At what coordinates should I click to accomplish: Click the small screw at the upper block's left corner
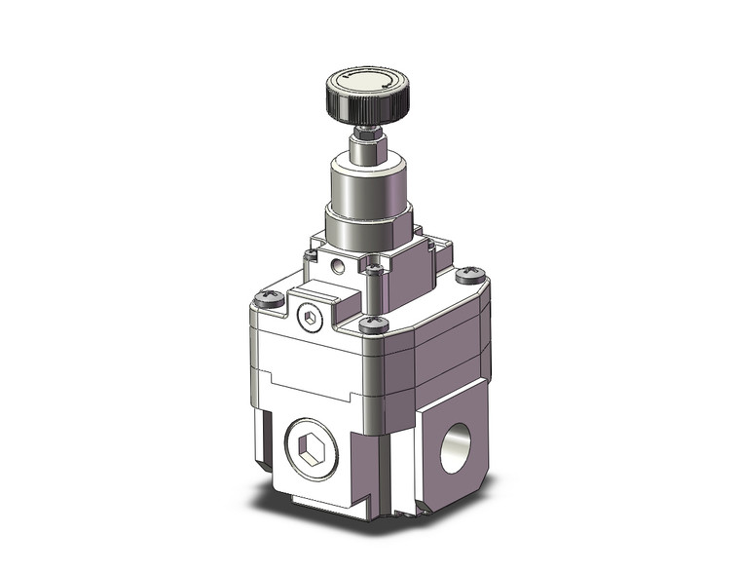click(310, 256)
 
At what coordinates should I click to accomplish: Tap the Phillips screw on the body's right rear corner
click(471, 276)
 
